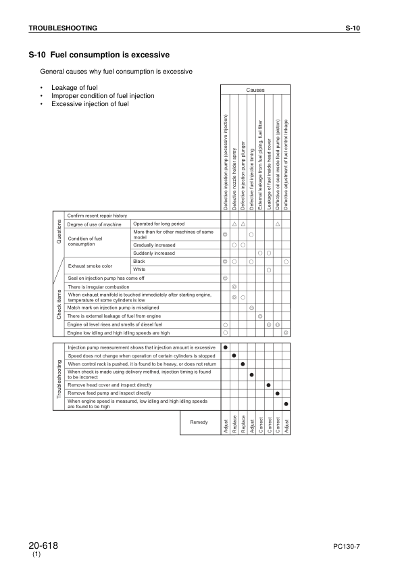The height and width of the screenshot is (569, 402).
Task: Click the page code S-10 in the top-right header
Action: coord(353,28)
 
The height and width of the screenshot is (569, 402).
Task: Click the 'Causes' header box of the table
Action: coord(255,90)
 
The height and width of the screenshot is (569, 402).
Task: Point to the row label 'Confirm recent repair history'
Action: coord(97,215)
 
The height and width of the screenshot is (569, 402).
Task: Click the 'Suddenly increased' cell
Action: coord(155,253)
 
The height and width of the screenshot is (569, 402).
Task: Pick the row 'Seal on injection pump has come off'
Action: coord(106,278)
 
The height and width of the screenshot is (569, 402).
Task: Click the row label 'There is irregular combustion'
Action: coord(99,287)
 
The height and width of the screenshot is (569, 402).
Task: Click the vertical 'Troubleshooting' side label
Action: coord(58,375)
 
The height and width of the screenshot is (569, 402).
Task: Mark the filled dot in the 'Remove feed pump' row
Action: coord(277,393)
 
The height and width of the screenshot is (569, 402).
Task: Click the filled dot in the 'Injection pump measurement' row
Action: coord(225,347)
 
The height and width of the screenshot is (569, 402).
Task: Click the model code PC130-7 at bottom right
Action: coord(349,546)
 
